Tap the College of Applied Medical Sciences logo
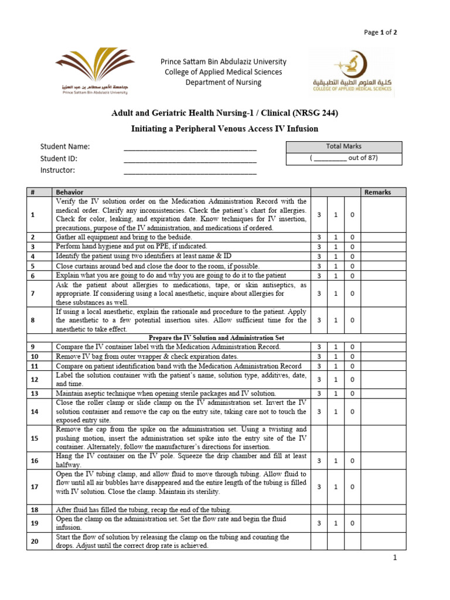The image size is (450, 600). point(352,73)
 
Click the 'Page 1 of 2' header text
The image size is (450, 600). point(380,32)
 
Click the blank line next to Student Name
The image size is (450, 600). point(190,148)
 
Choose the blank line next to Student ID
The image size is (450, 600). point(190,159)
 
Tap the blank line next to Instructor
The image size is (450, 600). point(190,171)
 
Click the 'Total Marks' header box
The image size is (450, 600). point(344,146)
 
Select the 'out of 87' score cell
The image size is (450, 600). point(344,158)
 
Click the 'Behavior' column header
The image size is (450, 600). point(70,192)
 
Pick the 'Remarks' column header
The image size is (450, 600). point(377,192)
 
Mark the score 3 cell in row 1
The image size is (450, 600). point(319,215)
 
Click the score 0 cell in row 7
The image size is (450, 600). point(352,294)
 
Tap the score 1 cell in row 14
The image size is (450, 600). point(336,412)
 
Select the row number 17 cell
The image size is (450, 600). point(33,487)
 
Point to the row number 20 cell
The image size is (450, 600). point(33,541)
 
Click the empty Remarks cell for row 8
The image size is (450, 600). point(383,321)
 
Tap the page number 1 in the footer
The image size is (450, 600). point(396,558)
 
